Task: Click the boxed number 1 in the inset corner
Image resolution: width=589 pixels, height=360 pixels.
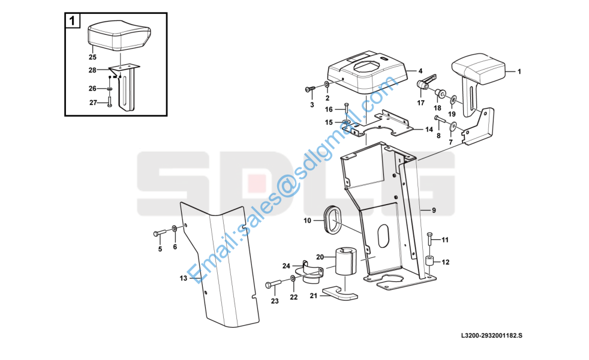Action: (x=73, y=20)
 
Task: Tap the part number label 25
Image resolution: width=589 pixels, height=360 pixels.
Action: (x=92, y=57)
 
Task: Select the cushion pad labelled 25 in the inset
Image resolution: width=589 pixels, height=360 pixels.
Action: (x=119, y=35)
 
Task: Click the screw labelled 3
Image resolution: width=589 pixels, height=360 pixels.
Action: (x=310, y=89)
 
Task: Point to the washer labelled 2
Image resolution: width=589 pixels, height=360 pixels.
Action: (x=327, y=85)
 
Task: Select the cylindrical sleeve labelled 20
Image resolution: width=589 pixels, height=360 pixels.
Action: (x=345, y=260)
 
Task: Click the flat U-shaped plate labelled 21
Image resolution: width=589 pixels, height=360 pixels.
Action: (x=340, y=293)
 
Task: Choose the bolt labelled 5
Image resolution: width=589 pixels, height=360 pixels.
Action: (x=160, y=233)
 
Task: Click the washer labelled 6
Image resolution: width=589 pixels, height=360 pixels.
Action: (x=175, y=229)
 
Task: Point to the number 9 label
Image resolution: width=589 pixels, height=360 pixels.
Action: (x=434, y=211)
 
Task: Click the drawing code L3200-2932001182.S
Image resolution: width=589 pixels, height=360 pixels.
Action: (x=492, y=335)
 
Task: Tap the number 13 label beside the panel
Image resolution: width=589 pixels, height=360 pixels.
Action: (x=184, y=278)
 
